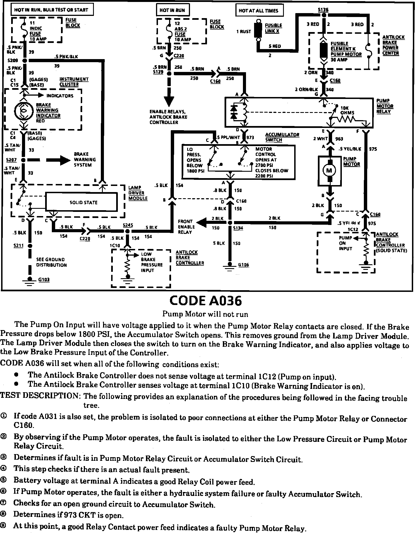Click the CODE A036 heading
point(206,301)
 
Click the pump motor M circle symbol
point(329,170)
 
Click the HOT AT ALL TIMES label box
point(259,11)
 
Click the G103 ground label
point(44,280)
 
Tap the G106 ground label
point(244,265)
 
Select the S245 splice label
point(128,225)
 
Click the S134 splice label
point(238,228)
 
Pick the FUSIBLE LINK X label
point(273,28)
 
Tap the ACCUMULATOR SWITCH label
point(282,137)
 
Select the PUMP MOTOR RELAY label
point(385,106)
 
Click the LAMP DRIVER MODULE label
point(138,193)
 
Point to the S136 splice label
point(323,10)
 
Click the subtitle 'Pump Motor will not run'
point(205,314)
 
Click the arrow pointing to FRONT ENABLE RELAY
point(202,222)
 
